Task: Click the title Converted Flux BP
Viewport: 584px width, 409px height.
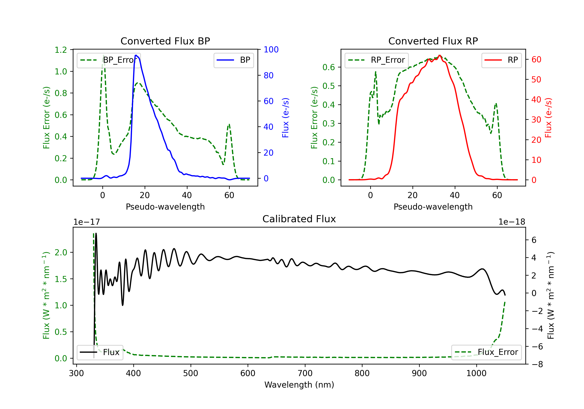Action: pyautogui.click(x=165, y=41)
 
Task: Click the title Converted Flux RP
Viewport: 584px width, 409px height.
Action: pyautogui.click(x=433, y=41)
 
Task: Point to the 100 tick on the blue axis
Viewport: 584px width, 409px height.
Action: pyautogui.click(x=271, y=50)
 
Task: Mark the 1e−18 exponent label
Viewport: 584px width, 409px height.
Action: pyautogui.click(x=512, y=222)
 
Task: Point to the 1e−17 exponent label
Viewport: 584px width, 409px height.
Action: pyautogui.click(x=87, y=222)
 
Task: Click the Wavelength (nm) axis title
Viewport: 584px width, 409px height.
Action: pyautogui.click(x=299, y=385)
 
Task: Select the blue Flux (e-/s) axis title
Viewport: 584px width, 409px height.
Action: pyautogui.click(x=285, y=118)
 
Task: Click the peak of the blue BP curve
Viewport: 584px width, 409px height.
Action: pyautogui.click(x=136, y=55)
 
